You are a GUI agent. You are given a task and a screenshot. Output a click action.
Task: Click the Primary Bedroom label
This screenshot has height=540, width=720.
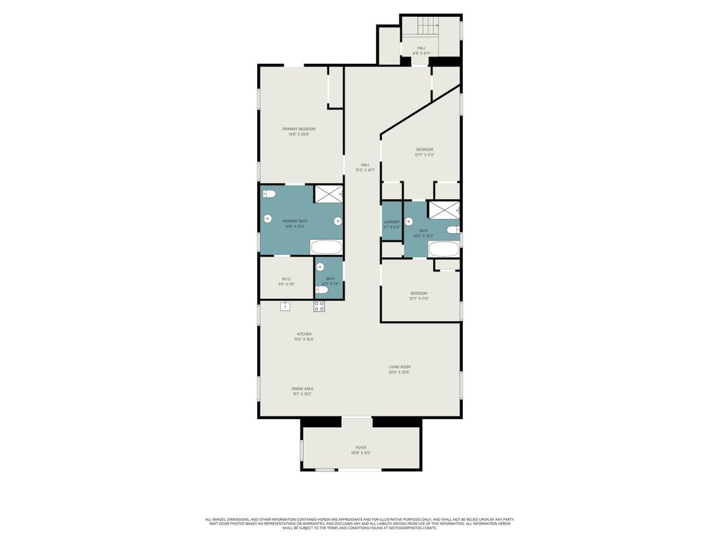coord(298,129)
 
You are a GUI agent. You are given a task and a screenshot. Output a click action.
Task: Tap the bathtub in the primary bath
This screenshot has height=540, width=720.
coord(326,247)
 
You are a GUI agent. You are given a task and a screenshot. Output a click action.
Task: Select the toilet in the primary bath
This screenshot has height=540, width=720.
coord(269,194)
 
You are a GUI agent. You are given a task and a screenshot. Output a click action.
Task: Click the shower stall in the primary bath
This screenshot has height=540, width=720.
coord(328,193)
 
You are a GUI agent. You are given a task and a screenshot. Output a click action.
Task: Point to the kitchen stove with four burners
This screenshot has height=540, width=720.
coord(319,306)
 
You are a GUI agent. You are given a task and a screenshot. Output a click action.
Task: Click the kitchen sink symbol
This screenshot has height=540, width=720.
coord(285,306)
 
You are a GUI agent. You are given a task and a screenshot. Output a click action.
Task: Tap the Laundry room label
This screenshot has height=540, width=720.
coord(392,222)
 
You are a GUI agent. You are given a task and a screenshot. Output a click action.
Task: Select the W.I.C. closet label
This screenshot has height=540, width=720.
coord(286,279)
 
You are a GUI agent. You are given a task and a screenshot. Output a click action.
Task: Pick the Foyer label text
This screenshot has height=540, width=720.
coord(361,447)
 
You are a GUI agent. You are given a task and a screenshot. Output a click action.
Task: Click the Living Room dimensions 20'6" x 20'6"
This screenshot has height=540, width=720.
coord(398,372)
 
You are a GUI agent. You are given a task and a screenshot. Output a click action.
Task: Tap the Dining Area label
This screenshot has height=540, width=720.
coord(302,389)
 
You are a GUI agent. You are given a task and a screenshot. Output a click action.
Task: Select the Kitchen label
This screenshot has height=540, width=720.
coord(304,334)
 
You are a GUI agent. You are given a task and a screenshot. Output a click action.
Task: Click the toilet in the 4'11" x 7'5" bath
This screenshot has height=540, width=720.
coord(322,290)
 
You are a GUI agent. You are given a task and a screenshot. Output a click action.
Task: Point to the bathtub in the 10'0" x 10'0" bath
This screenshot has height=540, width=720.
coord(443,249)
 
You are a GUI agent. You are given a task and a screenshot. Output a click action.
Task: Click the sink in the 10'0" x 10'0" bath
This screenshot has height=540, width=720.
coord(408,221)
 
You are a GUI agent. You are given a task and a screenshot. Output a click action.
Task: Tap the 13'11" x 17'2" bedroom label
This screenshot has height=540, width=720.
coord(424,149)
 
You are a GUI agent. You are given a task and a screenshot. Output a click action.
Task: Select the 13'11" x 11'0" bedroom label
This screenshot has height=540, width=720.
coord(419,294)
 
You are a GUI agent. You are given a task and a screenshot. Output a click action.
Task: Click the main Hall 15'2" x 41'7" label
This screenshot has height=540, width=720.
coord(365,165)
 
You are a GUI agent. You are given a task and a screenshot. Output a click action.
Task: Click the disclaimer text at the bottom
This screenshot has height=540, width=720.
coord(360,523)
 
